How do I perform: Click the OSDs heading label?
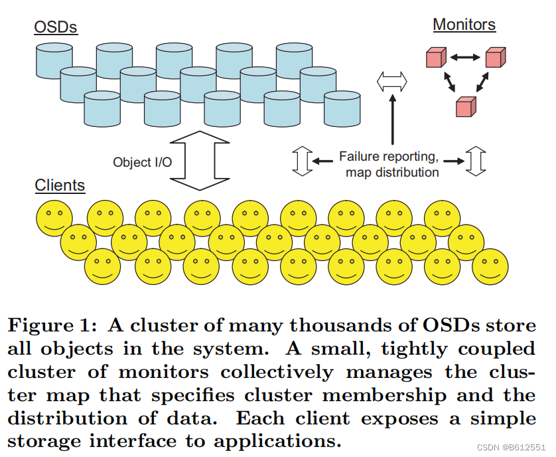coord(56,28)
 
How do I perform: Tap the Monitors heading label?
coord(464,25)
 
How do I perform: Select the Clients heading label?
coord(60,185)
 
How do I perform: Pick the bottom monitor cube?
coord(466,106)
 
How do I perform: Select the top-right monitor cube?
coord(494,58)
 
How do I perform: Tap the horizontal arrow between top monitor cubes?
coord(464,58)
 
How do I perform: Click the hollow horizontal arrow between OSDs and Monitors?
coord(392,82)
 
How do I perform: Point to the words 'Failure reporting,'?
coord(388,157)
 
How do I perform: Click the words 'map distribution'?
coord(391,172)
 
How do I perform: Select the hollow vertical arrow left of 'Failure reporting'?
coord(302,161)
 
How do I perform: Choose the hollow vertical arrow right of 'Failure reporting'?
coord(475,161)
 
